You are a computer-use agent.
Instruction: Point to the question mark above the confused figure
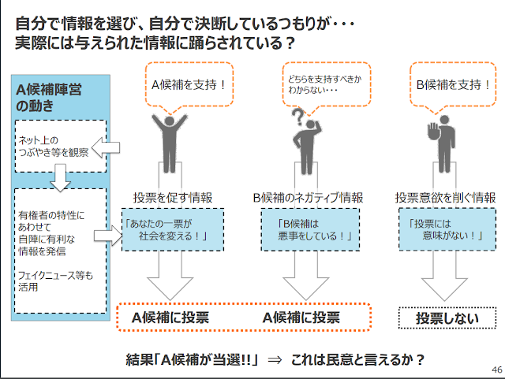pos(297,117)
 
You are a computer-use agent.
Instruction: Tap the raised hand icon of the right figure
pos(431,128)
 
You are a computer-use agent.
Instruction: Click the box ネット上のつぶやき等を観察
pos(49,146)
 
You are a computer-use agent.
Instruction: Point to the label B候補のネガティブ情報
pos(308,197)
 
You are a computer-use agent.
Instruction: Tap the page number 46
pos(496,370)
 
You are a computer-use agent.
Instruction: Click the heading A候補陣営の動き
pos(47,97)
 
